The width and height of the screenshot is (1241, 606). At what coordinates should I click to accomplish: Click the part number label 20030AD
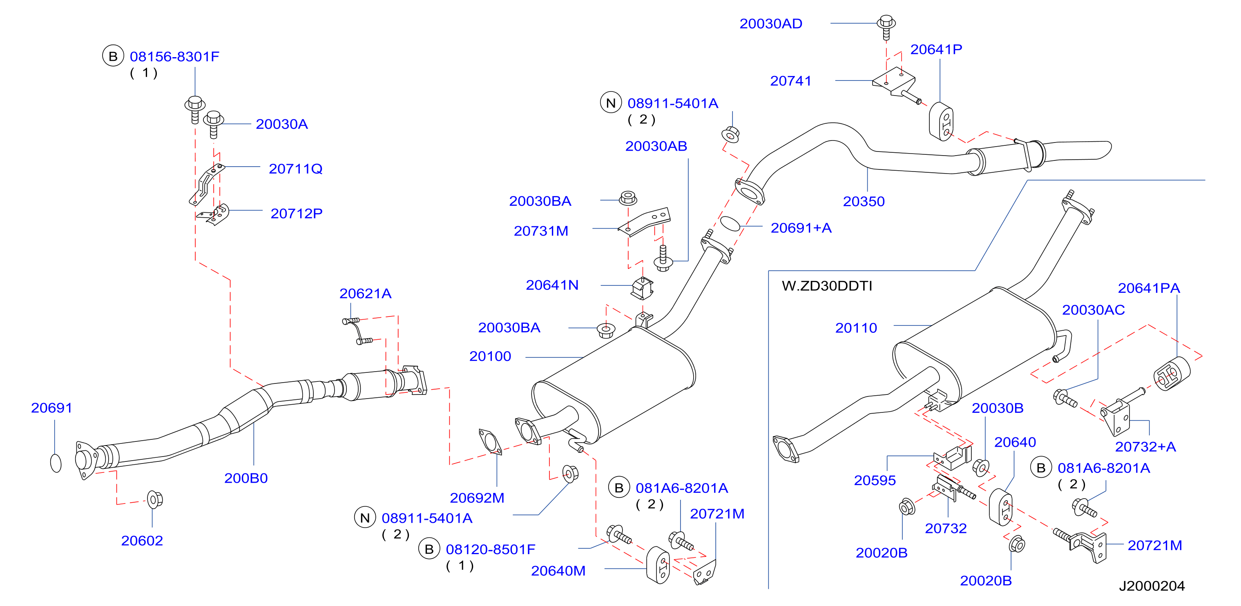click(771, 24)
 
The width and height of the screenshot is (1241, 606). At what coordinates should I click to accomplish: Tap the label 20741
click(790, 81)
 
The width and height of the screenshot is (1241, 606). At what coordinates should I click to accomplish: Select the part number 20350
click(864, 201)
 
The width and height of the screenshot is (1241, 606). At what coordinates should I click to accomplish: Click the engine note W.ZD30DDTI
click(827, 286)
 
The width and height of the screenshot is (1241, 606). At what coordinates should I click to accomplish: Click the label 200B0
click(246, 478)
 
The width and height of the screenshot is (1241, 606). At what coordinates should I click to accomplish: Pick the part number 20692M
click(477, 498)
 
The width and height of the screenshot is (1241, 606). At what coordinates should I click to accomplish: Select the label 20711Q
click(295, 169)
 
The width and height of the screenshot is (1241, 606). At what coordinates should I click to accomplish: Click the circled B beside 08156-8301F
click(113, 56)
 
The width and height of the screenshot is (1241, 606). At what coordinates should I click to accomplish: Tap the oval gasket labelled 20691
click(56, 463)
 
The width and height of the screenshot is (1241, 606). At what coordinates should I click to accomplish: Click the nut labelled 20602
click(155, 499)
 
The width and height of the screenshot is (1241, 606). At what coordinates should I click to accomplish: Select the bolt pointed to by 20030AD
click(886, 27)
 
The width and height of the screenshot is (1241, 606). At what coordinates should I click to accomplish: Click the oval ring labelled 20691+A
click(730, 223)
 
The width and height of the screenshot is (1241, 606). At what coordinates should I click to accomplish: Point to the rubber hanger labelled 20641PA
click(1172, 374)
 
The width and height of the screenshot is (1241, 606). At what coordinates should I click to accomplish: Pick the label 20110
click(856, 328)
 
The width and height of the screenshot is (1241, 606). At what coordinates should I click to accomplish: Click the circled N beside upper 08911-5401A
click(611, 102)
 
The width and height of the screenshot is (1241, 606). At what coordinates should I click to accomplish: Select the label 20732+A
click(1145, 447)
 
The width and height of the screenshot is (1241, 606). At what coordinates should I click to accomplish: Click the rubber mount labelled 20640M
click(658, 565)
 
